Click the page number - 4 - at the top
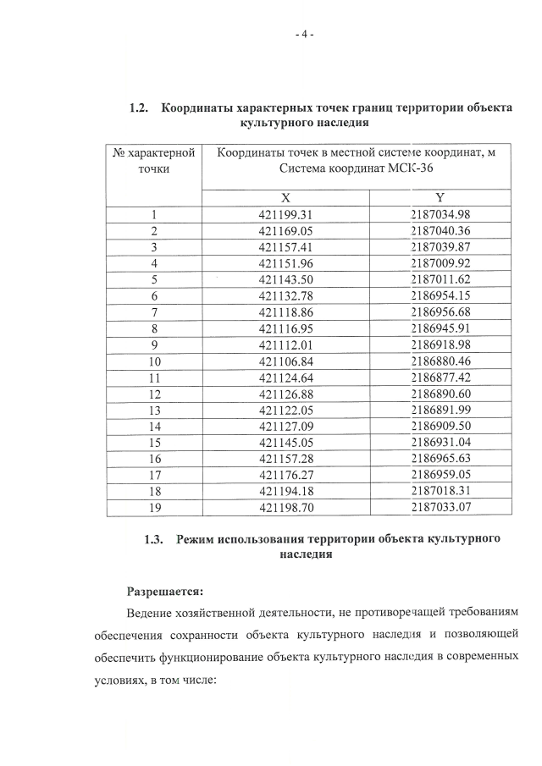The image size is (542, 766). click(304, 35)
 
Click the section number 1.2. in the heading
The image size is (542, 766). click(140, 108)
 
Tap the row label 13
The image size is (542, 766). click(154, 409)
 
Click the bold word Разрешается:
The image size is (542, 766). click(165, 591)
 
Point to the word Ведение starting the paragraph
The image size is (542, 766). click(152, 612)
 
